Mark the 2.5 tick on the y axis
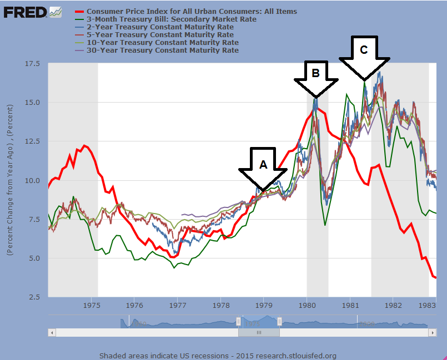[x=33, y=297]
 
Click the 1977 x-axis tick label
[x=178, y=305]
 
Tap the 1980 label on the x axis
[x=307, y=305]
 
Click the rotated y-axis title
[x=11, y=180]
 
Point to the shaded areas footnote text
[x=218, y=356]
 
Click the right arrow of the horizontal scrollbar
[x=433, y=332]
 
